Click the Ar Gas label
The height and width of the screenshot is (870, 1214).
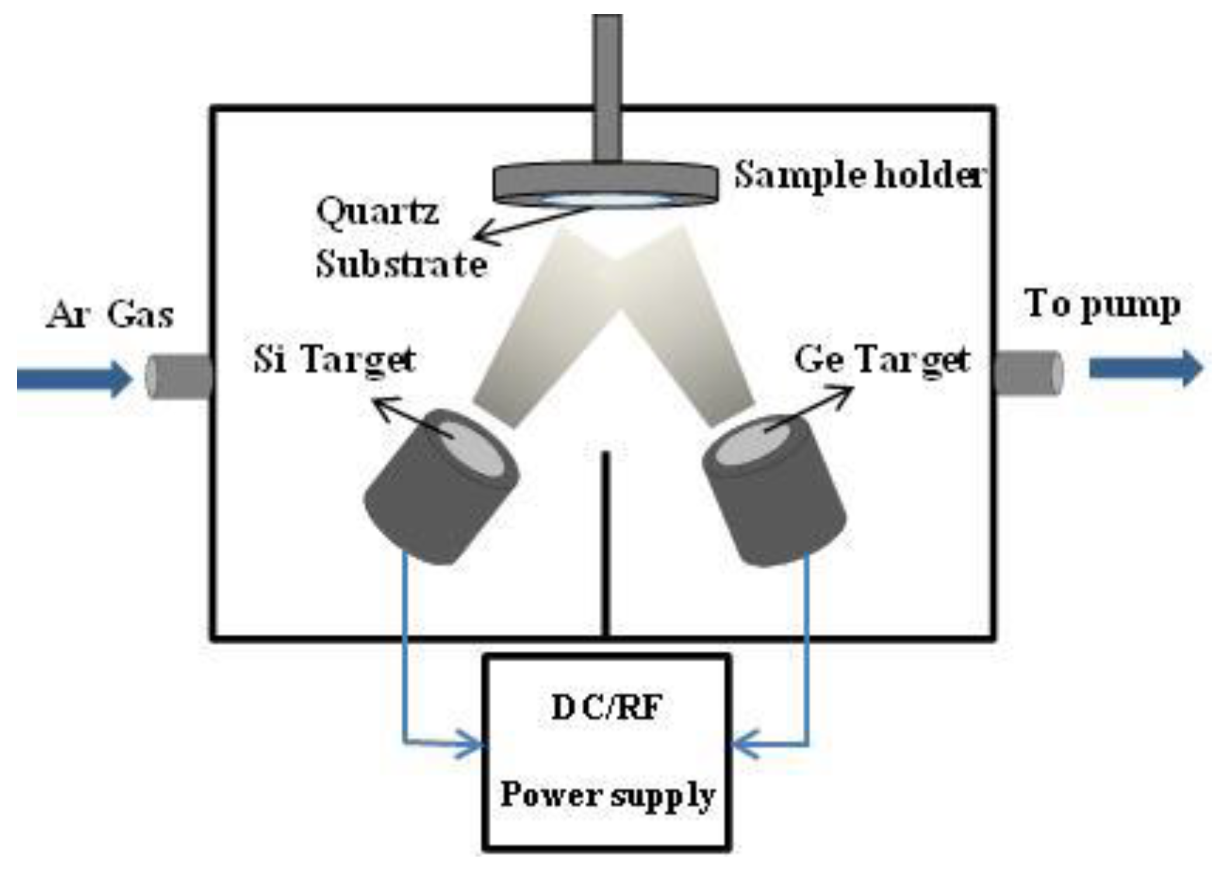pyautogui.click(x=110, y=315)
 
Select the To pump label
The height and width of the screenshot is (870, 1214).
pyautogui.click(x=1102, y=306)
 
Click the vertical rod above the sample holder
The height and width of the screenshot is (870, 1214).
pyautogui.click(x=607, y=88)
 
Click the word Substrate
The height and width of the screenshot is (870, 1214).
pyautogui.click(x=401, y=265)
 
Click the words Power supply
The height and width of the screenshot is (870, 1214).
pyautogui.click(x=607, y=795)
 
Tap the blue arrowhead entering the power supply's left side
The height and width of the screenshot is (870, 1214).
pyautogui.click(x=473, y=745)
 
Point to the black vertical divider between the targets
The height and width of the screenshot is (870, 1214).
pyautogui.click(x=607, y=543)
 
